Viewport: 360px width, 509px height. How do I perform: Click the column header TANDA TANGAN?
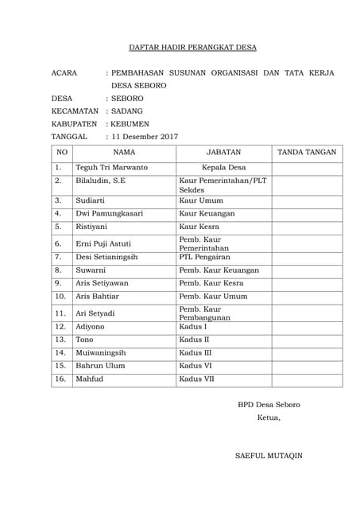(x=307, y=152)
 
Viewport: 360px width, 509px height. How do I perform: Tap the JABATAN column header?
(x=223, y=152)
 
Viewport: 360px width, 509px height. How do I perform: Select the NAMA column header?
(x=124, y=152)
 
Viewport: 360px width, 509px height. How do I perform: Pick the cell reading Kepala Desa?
(x=223, y=168)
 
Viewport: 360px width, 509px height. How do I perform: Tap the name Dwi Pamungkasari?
(x=110, y=213)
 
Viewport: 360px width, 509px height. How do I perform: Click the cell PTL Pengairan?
(x=207, y=258)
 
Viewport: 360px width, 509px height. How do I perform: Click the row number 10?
(x=60, y=296)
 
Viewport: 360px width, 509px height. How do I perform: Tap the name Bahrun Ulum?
(x=100, y=365)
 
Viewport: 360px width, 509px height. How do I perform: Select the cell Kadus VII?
(x=197, y=379)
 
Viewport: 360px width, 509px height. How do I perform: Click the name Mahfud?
(x=90, y=379)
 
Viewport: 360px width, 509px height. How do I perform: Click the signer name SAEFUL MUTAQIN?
(x=269, y=456)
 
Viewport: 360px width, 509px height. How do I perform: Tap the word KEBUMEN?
(x=130, y=124)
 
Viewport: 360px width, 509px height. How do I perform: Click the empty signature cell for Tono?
(x=307, y=340)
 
